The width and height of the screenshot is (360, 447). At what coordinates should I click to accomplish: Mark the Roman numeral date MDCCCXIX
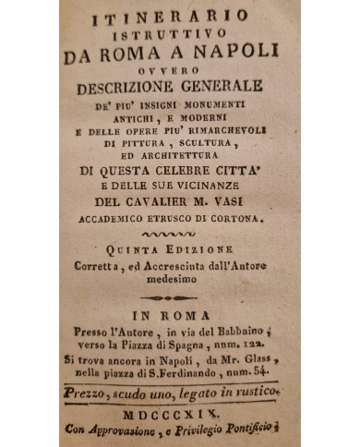coord(180,412)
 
